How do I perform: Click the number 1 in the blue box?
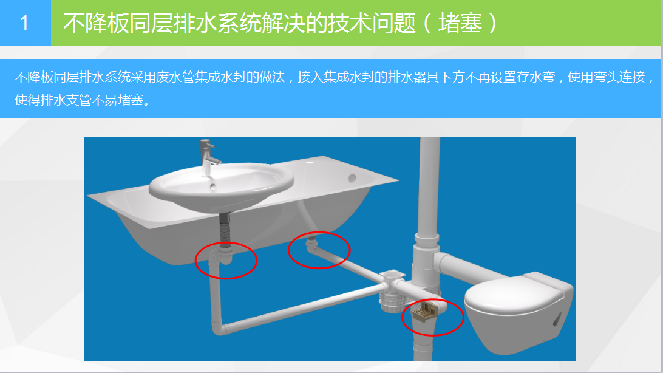pyautogui.click(x=24, y=23)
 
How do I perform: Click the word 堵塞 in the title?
pyautogui.click(x=460, y=23)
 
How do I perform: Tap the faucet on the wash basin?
pyautogui.click(x=209, y=157)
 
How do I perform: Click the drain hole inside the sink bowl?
pyautogui.click(x=212, y=186)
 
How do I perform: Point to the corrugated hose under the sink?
pyautogui.click(x=225, y=229)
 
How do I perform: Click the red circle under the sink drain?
pyautogui.click(x=226, y=261)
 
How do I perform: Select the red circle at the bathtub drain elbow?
pyautogui.click(x=319, y=250)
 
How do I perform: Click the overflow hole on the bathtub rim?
pyautogui.click(x=352, y=179)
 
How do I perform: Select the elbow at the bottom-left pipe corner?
pyautogui.click(x=219, y=327)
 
